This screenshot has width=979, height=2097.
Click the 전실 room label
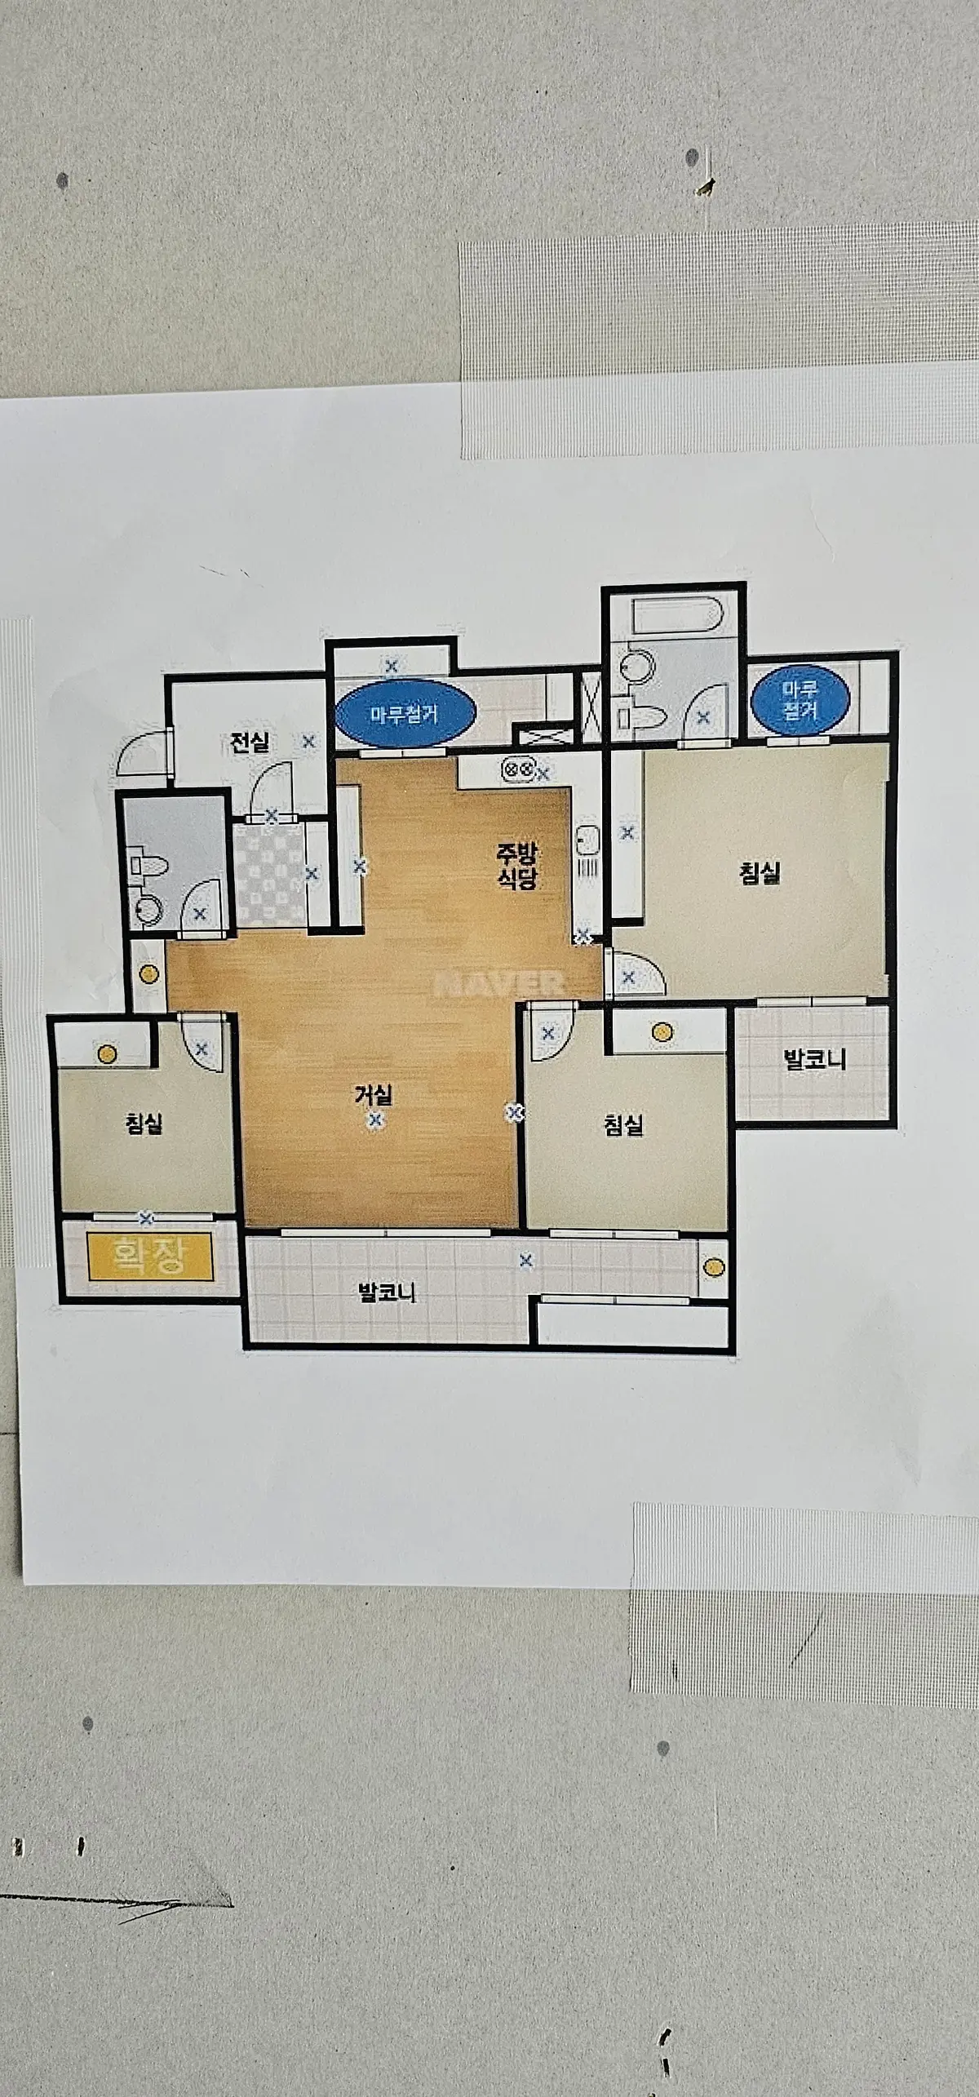[x=250, y=743]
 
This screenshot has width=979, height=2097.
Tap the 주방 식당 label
[x=516, y=866]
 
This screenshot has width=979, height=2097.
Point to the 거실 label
[x=374, y=1093]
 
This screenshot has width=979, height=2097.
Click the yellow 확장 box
[x=150, y=1257]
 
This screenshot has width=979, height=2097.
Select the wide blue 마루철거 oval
[x=405, y=714]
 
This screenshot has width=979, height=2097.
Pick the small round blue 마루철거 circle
[x=800, y=699]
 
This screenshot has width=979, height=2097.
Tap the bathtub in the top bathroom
[x=674, y=618]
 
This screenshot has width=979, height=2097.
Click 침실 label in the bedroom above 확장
[x=144, y=1124]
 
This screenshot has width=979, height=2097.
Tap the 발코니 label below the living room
[x=387, y=1292]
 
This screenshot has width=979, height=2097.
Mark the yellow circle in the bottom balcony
[x=713, y=1267]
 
